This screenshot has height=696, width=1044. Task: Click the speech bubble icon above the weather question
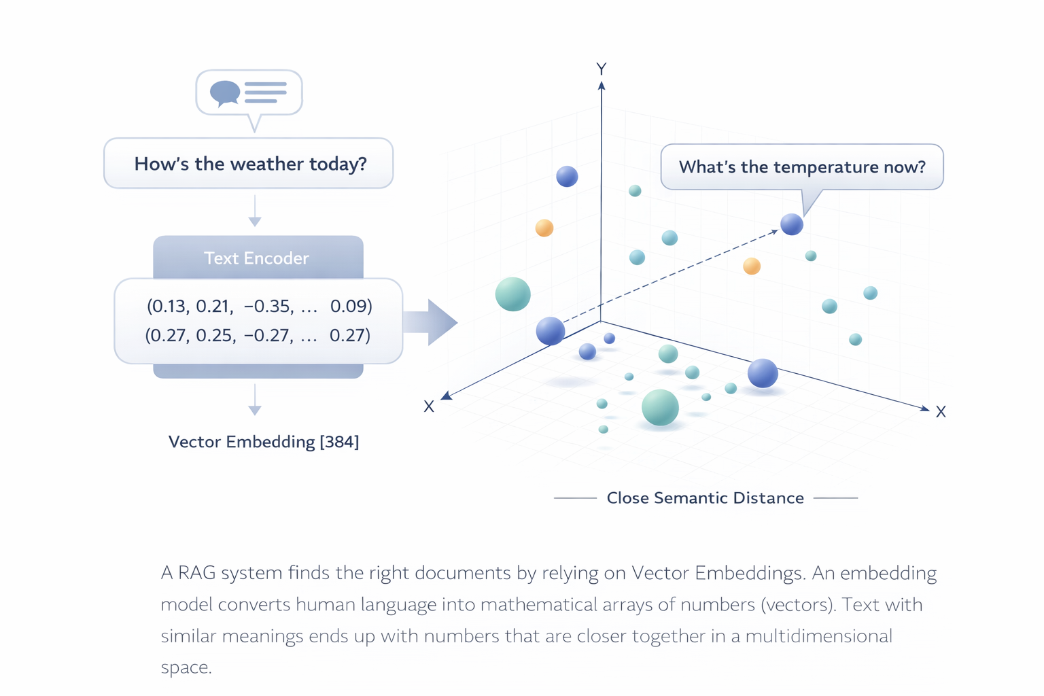249,92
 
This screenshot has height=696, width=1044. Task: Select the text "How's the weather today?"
250,164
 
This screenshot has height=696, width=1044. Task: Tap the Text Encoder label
256,258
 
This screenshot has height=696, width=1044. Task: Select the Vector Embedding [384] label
264,442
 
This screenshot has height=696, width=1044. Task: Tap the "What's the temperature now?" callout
802,167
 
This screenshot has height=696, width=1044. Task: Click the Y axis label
601,69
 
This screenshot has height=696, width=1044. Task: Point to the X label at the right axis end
941,412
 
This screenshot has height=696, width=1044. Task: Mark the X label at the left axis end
429,406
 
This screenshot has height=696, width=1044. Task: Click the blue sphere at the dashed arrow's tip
792,224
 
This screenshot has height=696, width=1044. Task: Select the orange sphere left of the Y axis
544,228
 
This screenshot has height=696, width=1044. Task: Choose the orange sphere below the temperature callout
752,266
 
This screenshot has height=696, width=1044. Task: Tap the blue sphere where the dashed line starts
551,331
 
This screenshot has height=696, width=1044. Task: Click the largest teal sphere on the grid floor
660,407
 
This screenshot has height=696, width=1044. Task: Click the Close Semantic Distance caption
705,498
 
